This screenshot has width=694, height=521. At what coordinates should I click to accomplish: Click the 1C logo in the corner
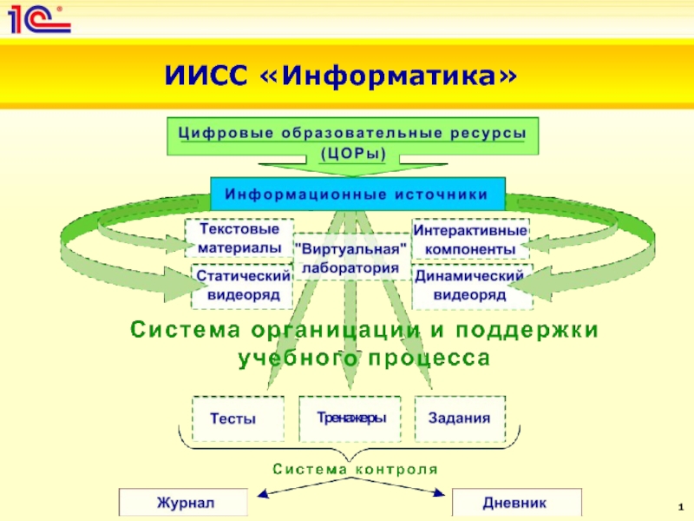coord(39,18)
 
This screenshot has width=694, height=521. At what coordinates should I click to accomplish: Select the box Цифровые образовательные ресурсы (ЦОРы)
coord(352,143)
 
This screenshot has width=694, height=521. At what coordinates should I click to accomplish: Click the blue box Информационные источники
coord(357,194)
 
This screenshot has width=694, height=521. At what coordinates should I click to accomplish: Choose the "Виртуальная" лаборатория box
coord(351,258)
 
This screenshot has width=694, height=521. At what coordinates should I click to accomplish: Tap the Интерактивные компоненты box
coord(470,240)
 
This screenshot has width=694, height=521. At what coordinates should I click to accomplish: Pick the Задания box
coord(459,418)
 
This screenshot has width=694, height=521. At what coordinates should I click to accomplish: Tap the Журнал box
coord(184,502)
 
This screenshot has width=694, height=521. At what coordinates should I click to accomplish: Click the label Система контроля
coord(356,469)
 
